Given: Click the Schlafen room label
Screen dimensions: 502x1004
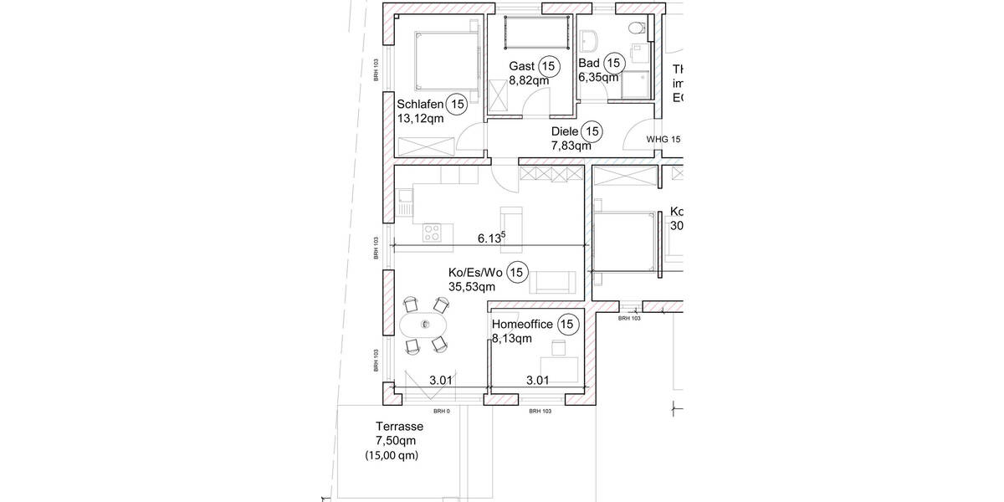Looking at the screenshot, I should click(420, 104).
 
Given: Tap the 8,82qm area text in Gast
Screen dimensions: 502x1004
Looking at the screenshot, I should click(528, 81).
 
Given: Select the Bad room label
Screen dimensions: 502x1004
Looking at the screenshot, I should click(588, 64).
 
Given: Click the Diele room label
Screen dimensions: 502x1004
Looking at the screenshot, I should click(565, 131).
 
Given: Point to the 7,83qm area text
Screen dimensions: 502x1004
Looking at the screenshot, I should click(571, 146).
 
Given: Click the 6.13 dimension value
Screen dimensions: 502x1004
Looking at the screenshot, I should click(490, 238).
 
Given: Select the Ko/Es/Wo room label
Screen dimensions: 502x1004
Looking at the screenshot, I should click(476, 272).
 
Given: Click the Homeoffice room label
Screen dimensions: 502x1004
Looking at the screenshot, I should click(522, 325).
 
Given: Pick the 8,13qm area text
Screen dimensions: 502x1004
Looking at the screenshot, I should click(512, 339).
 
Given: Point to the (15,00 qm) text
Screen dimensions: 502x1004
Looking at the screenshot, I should click(391, 456).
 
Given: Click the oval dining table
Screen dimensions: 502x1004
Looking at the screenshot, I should click(424, 324).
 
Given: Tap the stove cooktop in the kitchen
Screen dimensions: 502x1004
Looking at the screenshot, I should click(433, 232).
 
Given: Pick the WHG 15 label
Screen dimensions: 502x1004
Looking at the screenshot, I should click(663, 139).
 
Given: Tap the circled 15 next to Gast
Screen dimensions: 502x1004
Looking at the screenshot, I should click(549, 65).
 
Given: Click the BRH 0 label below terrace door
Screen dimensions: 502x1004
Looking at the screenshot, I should click(441, 412).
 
